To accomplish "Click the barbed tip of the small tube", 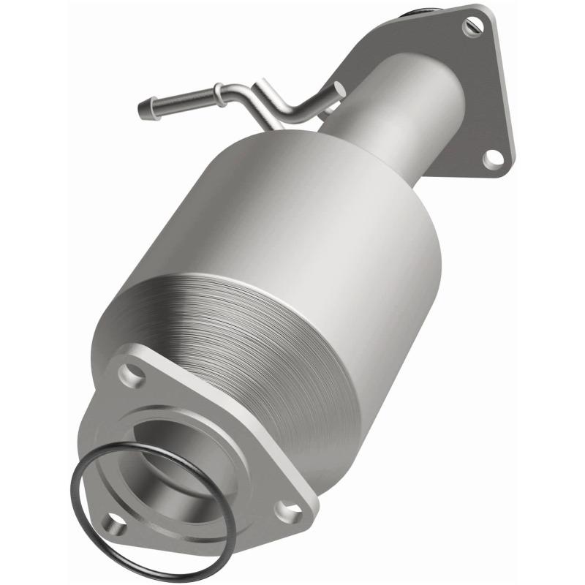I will click(x=144, y=110).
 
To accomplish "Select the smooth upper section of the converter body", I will click(x=278, y=219).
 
